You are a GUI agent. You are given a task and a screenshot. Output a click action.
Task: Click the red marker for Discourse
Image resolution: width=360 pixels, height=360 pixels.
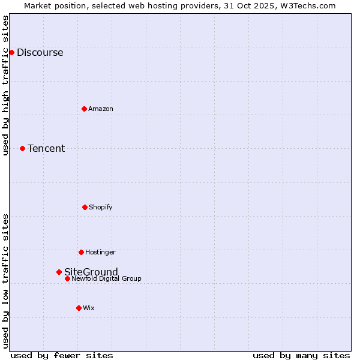[x=11, y=52]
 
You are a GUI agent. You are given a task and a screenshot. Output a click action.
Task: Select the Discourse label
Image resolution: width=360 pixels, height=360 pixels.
[x=40, y=52]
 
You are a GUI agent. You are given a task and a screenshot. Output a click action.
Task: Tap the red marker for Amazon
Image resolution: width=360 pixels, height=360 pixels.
[x=84, y=109]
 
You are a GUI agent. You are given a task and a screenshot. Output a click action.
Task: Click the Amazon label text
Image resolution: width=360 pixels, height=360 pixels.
[x=100, y=109]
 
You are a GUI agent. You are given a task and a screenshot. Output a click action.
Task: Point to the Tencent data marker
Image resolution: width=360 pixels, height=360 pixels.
[x=22, y=148]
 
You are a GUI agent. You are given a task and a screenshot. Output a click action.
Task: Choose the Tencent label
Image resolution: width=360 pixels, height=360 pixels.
[x=46, y=148]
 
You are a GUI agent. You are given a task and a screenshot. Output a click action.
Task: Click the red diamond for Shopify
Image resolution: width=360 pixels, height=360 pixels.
[x=85, y=207]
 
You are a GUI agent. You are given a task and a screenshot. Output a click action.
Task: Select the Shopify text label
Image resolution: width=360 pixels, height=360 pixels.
[x=100, y=207]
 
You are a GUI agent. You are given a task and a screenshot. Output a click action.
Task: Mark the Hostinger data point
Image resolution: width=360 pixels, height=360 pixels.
[x=81, y=252]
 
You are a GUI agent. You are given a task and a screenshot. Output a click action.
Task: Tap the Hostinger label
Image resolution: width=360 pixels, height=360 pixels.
[x=100, y=252]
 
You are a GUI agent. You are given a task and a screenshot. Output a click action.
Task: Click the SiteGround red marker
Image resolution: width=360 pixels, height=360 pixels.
[x=59, y=272]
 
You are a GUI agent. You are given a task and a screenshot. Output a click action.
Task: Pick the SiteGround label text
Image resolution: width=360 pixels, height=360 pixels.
[x=91, y=272]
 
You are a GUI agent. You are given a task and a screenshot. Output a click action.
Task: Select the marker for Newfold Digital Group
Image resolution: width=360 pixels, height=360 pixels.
[x=67, y=278]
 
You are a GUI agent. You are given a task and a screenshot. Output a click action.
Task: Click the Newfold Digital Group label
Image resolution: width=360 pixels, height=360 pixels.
[x=106, y=278]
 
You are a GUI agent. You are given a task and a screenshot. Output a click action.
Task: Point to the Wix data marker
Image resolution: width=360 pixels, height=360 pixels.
[x=79, y=308]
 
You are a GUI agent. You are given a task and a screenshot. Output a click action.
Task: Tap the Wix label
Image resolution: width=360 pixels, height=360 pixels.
[x=88, y=308]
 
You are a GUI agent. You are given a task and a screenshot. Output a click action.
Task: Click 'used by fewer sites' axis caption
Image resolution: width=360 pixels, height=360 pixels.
[x=62, y=355]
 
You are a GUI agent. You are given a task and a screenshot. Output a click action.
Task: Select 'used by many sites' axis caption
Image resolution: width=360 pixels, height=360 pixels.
[x=301, y=355]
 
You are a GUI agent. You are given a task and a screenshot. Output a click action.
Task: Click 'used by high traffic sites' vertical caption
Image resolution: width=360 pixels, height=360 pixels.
[x=6, y=86]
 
